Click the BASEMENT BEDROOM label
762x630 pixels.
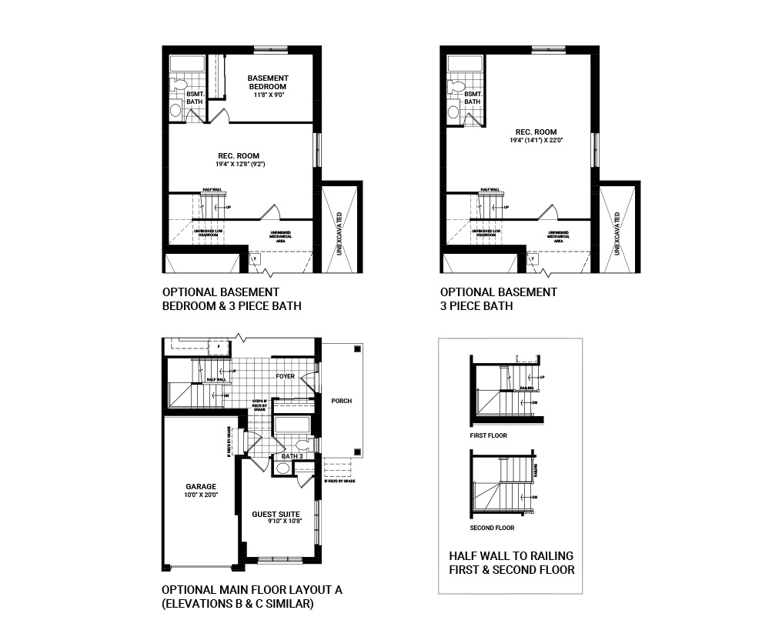coord(268,82)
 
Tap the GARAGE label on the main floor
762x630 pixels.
coord(200,486)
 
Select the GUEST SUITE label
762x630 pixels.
coord(276,513)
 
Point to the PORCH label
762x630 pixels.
coord(341,401)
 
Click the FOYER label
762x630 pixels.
coord(286,376)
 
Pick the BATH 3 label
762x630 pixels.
coord(292,456)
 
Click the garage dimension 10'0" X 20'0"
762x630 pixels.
coord(200,495)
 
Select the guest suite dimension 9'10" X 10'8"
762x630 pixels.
coord(276,522)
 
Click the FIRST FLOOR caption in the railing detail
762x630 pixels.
coord(488,435)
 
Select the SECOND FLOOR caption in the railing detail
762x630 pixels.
coord(492,528)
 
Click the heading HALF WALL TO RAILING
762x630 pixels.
coord(510,555)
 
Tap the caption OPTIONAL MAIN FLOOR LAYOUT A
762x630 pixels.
coord(252,590)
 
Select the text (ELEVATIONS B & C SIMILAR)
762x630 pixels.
coord(237,604)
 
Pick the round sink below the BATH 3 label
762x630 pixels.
coord(282,470)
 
